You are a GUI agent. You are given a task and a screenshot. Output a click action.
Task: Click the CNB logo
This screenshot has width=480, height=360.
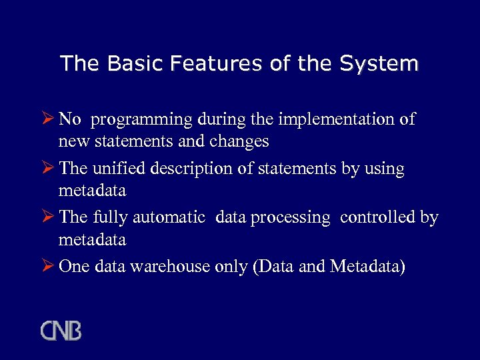tap(61, 331)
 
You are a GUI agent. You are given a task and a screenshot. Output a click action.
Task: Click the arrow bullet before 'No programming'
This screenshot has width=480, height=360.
tap(48, 119)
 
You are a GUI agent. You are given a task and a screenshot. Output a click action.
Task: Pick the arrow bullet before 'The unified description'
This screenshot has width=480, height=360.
tap(48, 169)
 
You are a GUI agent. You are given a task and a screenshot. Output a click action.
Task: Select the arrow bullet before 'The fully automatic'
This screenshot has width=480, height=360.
tap(48, 217)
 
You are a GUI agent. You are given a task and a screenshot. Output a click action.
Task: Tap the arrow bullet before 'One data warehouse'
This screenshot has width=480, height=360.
tap(48, 266)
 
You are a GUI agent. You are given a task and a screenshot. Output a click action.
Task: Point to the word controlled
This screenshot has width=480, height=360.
tap(378, 217)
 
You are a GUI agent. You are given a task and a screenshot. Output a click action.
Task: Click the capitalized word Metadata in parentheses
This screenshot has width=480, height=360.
tap(367, 266)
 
